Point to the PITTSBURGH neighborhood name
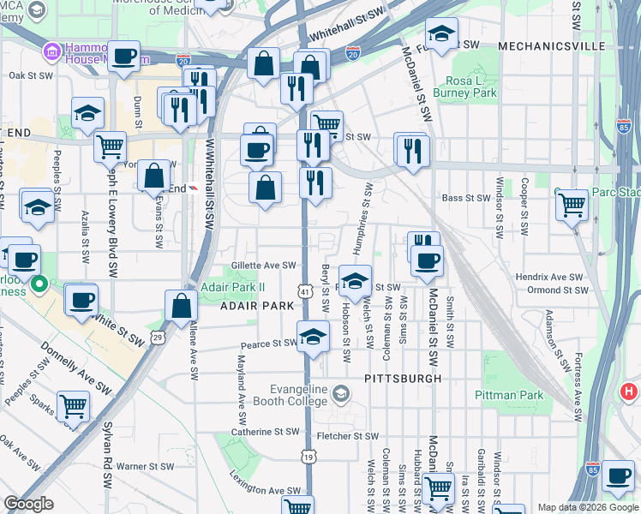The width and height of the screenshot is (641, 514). pyautogui.click(x=402, y=378)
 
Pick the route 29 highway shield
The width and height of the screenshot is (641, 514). pyautogui.click(x=158, y=338)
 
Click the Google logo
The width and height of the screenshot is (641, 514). pyautogui.click(x=28, y=504)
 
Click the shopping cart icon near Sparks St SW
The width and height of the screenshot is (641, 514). pyautogui.click(x=73, y=406)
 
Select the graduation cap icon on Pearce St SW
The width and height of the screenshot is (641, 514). pyautogui.click(x=314, y=336)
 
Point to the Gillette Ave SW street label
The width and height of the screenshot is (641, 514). pyautogui.click(x=263, y=266)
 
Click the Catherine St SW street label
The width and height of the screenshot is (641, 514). pyautogui.click(x=265, y=433)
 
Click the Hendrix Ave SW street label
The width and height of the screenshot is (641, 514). pyautogui.click(x=548, y=278)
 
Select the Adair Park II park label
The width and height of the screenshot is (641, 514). pyautogui.click(x=232, y=286)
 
